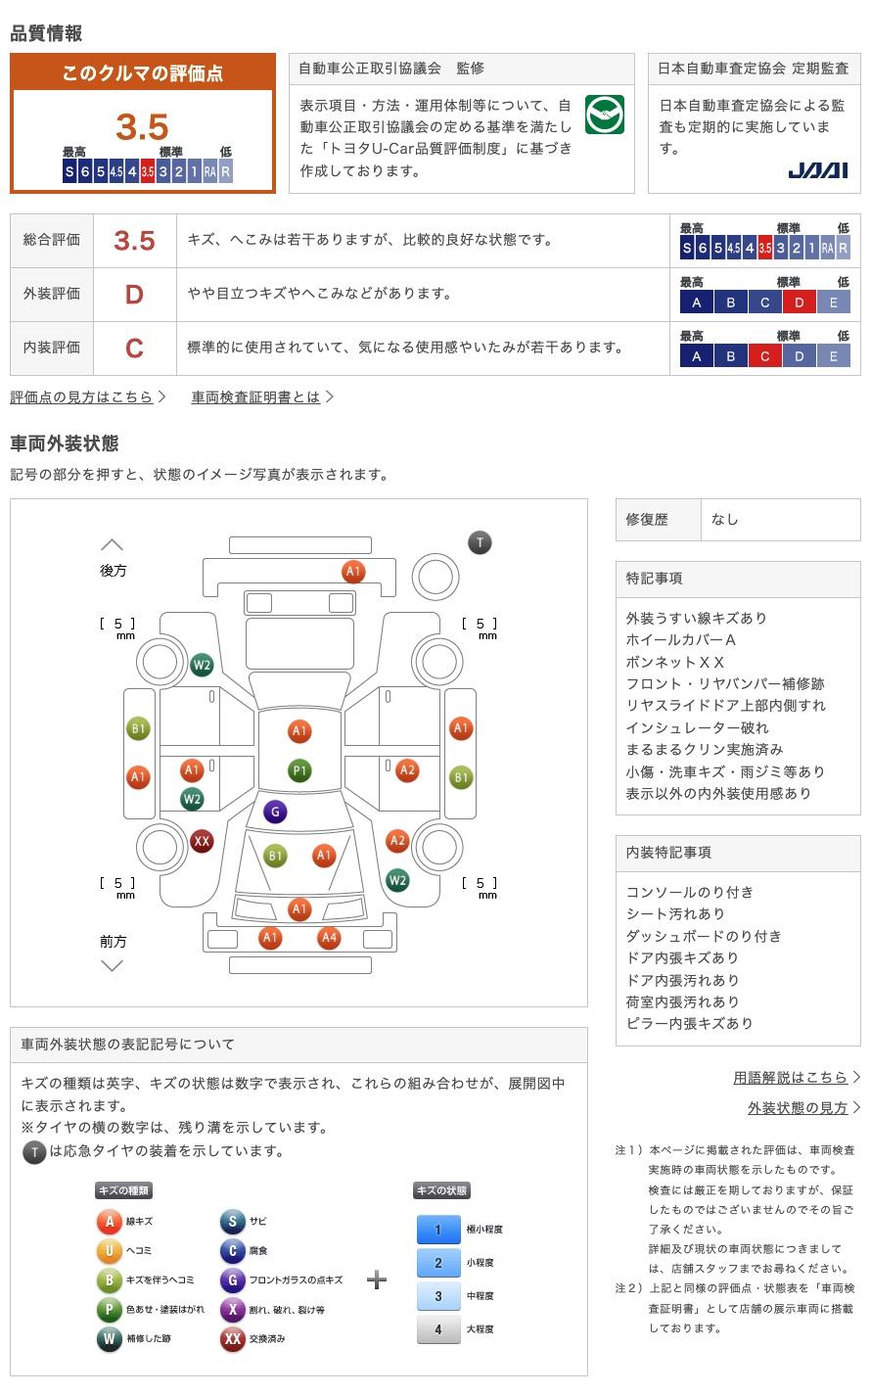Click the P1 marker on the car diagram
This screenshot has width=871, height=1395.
point(299,770)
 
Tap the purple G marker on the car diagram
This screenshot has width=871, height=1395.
point(275,812)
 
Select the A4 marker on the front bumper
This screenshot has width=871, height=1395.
point(329,938)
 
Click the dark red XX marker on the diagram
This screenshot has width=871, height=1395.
point(202,841)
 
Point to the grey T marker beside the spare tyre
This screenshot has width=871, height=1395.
point(480,542)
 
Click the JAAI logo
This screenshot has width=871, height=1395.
point(818,170)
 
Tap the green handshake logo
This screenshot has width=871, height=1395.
point(604,116)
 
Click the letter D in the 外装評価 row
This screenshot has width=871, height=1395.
point(134,294)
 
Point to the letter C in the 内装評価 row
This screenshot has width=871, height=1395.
point(134,348)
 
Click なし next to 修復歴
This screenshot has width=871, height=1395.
point(725,520)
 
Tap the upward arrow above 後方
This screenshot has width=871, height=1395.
point(113,544)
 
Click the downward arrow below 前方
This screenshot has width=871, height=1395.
point(113,966)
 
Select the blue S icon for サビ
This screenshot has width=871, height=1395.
point(232,1221)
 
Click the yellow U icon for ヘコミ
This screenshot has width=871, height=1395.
point(110,1250)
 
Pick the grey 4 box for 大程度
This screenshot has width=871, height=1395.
point(438,1328)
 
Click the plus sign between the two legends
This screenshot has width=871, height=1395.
point(377,1279)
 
